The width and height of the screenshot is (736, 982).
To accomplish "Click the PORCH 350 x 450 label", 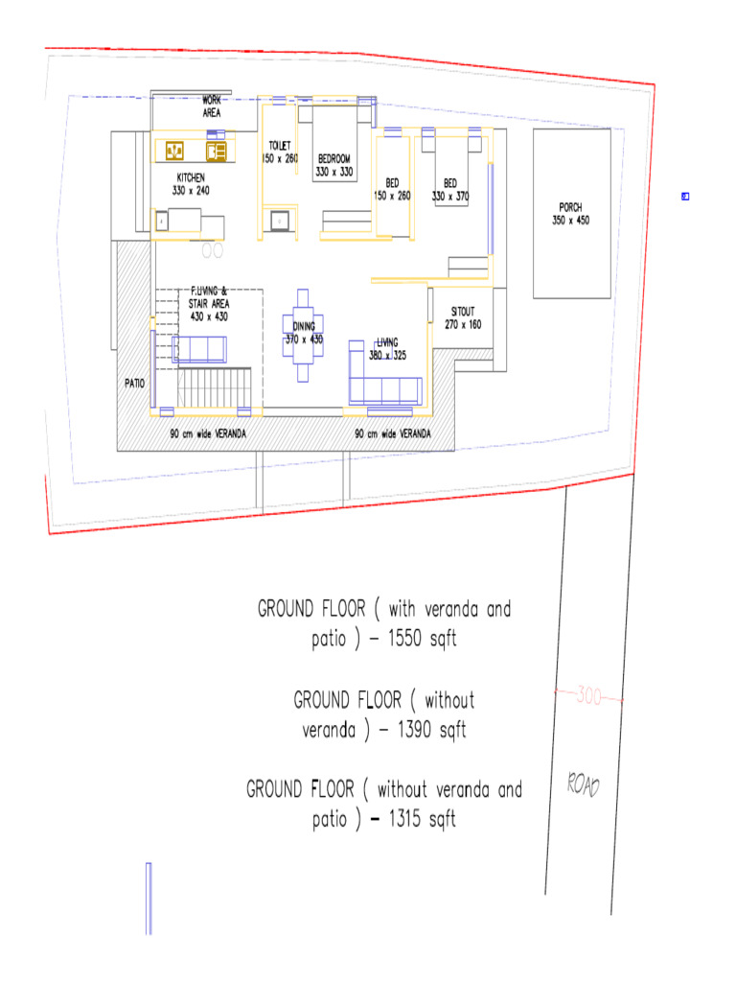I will point(571,213).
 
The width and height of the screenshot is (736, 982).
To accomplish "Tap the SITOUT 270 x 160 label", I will point(463,318).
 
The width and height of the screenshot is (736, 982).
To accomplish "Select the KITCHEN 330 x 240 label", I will point(191,184).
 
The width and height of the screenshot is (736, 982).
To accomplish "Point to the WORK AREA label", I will point(212,106).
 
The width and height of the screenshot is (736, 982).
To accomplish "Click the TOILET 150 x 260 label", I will point(279,152).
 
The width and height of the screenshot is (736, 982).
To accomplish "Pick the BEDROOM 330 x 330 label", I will point(334,165).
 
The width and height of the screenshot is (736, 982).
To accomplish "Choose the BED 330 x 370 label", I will point(450,189).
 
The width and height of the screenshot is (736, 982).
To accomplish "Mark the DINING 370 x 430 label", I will point(304,333).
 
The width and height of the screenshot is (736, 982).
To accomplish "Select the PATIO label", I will point(134,383).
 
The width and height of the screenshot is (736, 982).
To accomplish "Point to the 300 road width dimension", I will point(588,697).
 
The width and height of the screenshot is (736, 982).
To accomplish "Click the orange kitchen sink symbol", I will point(175,150).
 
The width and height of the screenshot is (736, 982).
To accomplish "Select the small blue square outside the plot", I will point(685,197).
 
